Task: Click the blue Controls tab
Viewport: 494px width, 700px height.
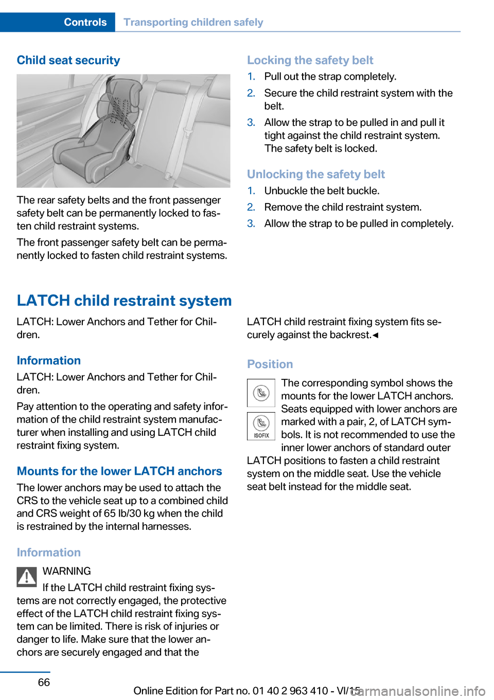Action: (85, 22)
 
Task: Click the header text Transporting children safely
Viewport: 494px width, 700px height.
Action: (193, 22)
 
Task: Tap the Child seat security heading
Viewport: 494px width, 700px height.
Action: (68, 60)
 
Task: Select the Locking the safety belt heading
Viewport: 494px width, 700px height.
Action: (310, 60)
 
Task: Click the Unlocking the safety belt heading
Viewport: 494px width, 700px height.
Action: (315, 174)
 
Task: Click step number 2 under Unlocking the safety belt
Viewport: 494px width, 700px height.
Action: (251, 207)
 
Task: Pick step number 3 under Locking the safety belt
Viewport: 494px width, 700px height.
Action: (251, 122)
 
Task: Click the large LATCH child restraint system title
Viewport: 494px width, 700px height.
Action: (124, 300)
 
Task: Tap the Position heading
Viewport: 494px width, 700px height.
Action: (270, 364)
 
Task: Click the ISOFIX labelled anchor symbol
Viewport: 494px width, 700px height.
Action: (261, 426)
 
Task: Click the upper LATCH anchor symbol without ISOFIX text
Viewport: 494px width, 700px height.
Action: (261, 393)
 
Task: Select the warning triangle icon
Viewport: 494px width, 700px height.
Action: (27, 577)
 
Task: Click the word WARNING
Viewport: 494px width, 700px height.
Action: (67, 571)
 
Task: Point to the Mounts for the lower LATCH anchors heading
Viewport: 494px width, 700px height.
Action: (119, 471)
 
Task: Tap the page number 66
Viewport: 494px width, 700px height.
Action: (44, 682)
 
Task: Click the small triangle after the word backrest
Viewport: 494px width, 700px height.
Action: (376, 336)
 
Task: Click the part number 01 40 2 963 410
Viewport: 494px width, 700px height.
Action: (290, 691)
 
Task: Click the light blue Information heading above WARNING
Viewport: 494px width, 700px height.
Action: (49, 552)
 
